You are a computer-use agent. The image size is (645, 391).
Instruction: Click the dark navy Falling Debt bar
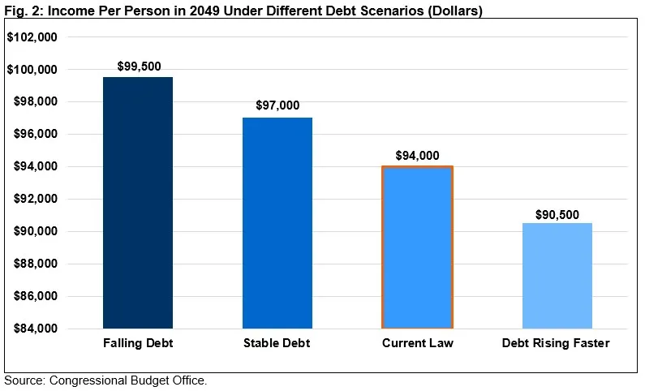tap(138, 203)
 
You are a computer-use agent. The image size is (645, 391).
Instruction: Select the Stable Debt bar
tap(277, 223)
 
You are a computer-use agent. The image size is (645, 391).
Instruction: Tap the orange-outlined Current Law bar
tap(417, 247)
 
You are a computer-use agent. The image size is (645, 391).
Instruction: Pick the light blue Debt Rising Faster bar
tap(557, 276)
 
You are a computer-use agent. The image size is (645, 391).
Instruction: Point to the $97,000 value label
tap(277, 105)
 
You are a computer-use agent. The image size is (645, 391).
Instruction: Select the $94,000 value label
tap(417, 155)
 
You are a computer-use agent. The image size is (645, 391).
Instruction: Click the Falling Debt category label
tap(138, 343)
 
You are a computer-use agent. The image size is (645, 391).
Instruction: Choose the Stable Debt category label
tap(277, 343)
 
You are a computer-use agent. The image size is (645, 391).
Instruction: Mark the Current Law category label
tap(417, 343)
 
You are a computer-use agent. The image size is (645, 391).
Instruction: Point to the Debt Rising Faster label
tap(556, 343)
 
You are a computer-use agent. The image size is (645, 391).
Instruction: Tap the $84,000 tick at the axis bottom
tap(33, 329)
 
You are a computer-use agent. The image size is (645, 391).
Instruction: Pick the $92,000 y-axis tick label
tap(33, 199)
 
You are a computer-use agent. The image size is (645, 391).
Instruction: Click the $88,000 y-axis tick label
tap(33, 264)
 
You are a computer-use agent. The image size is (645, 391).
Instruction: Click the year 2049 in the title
tap(183, 11)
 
